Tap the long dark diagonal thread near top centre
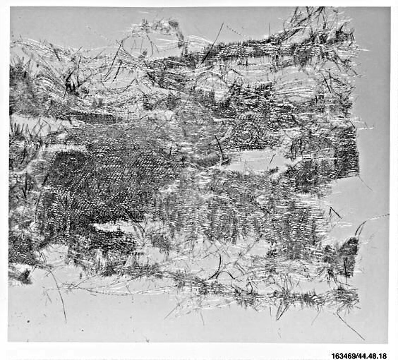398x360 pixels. coord(212,43)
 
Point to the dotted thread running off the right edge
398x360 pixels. coord(378,217)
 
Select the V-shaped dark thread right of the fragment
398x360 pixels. coord(335,212)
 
